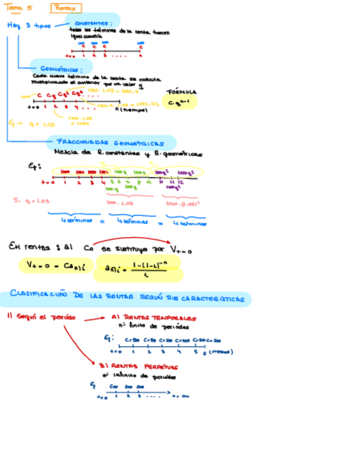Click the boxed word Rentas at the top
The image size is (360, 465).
(66, 8)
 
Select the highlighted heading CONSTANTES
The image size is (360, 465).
(93, 22)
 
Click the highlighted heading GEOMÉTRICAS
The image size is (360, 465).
(61, 69)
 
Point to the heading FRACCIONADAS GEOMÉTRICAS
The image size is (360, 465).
(111, 142)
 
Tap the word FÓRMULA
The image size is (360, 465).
(182, 92)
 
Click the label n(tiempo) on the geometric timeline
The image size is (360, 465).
(132, 110)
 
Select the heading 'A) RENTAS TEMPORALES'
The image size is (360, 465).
(154, 317)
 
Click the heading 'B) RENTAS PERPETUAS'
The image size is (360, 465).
(138, 365)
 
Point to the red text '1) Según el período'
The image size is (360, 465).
(42, 317)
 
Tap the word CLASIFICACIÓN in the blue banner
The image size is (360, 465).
(38, 295)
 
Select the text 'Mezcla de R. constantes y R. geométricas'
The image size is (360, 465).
(128, 154)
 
